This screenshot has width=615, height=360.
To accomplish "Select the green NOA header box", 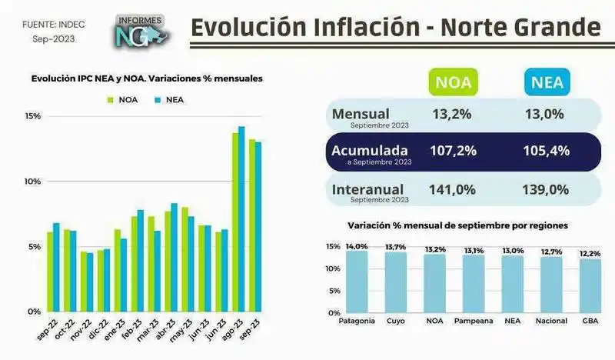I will coord(454,82).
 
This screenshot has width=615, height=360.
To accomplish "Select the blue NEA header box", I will coord(547,82).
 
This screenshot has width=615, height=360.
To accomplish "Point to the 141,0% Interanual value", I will coord(454,188).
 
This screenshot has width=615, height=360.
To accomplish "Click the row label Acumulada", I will coord(370,149).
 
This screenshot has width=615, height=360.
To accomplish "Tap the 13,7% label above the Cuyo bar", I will coord(395,247).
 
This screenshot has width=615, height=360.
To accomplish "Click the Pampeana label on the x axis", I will coord(474,320).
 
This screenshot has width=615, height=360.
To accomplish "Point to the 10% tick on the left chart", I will coord(32,182).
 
